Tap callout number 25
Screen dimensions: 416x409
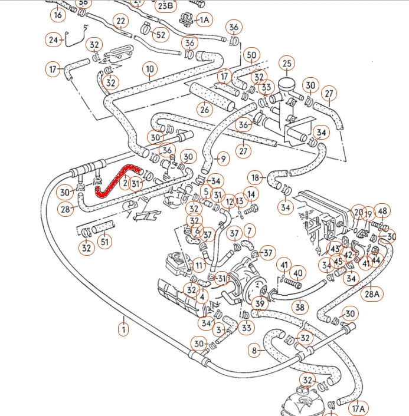(x=287, y=63)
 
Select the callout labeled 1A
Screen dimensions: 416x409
(x=204, y=20)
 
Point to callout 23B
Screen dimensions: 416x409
(x=165, y=6)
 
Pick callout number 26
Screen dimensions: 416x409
(x=205, y=109)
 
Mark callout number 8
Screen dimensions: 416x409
(x=254, y=351)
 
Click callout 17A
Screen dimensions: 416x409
(x=359, y=408)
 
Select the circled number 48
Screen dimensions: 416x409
(x=382, y=212)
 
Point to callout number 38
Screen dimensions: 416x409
(x=300, y=306)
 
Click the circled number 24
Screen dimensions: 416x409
(x=54, y=40)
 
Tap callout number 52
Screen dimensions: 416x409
(x=160, y=35)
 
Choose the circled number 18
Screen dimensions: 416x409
(x=254, y=177)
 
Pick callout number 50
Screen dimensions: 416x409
(x=252, y=55)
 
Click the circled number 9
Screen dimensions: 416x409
(x=222, y=159)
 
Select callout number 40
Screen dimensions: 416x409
(x=298, y=273)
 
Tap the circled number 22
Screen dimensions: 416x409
(x=121, y=22)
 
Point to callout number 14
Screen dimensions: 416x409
(x=251, y=194)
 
